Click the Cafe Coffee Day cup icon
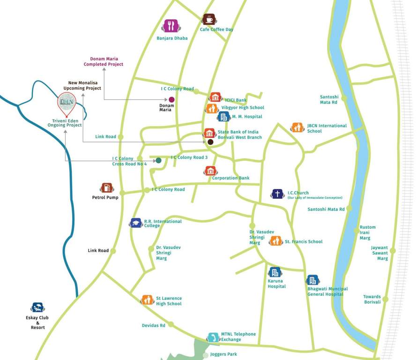click(x=209, y=19)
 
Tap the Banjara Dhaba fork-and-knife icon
click(x=170, y=26)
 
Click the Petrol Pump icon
click(x=106, y=188)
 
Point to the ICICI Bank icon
click(x=215, y=97)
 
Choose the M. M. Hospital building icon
click(x=224, y=116)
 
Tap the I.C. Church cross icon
click(x=277, y=194)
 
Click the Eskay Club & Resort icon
click(x=37, y=307)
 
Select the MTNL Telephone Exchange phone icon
click(x=213, y=337)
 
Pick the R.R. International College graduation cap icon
click(x=136, y=223)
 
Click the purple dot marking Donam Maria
click(x=172, y=99)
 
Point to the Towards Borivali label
click(x=372, y=299)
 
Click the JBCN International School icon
click(x=297, y=127)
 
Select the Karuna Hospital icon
click(x=275, y=272)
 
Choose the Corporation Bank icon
click(x=210, y=171)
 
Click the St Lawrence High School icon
click(x=148, y=300)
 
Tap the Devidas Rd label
click(x=153, y=325)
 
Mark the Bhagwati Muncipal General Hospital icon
click(x=313, y=280)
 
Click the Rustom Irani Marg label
click(x=367, y=232)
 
